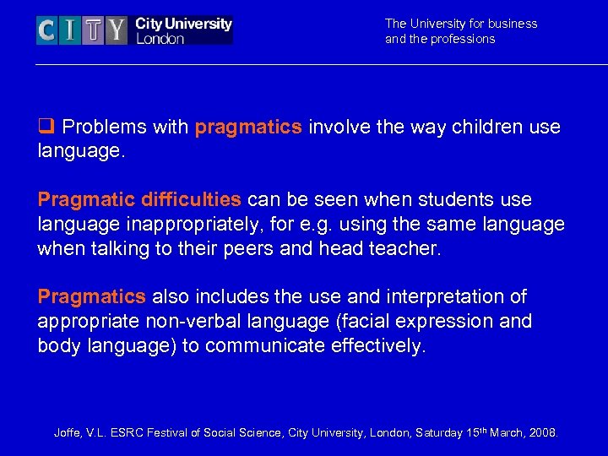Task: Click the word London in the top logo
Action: tap(160, 39)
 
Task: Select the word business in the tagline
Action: tap(510, 24)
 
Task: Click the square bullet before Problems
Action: tap(45, 128)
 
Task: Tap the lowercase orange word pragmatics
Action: tap(247, 128)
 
